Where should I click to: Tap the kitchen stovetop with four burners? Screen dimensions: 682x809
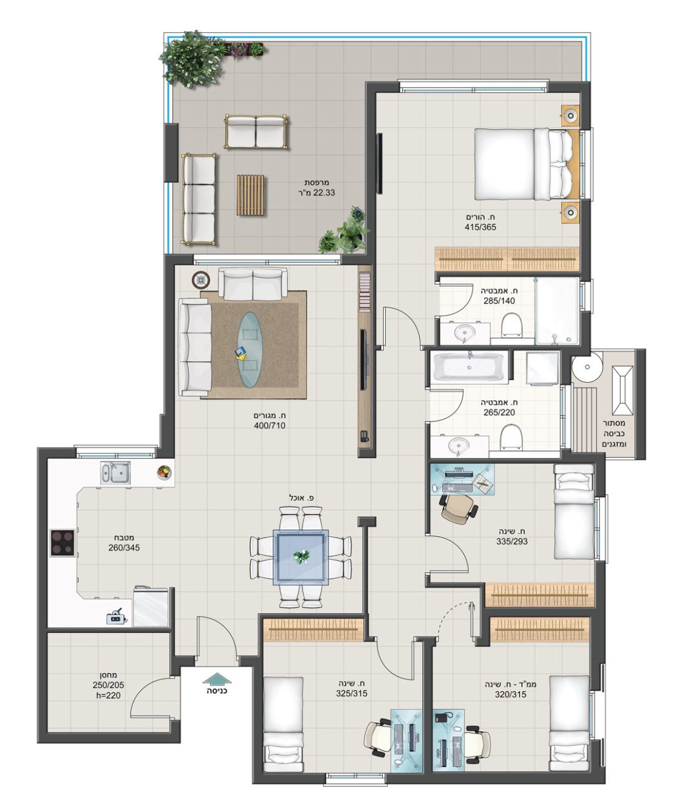coord(63,542)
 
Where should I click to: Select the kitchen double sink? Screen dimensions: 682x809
coord(115,473)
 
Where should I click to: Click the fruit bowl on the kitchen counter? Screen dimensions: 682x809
coord(165,473)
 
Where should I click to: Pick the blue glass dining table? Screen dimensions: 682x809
coord(301,557)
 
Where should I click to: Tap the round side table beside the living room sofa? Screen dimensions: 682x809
coord(201,280)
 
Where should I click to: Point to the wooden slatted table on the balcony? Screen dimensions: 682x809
coord(251,195)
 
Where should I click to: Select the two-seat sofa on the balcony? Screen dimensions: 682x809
coord(256,131)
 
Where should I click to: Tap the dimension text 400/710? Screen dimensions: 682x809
coord(269,425)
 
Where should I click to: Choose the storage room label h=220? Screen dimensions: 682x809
coord(108,695)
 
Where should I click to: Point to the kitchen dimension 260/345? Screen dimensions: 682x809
coord(124,548)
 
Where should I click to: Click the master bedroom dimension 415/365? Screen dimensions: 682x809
coord(480,227)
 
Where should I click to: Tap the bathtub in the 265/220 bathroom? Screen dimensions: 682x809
coord(471,366)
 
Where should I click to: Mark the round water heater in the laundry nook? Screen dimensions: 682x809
coord(588,366)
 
